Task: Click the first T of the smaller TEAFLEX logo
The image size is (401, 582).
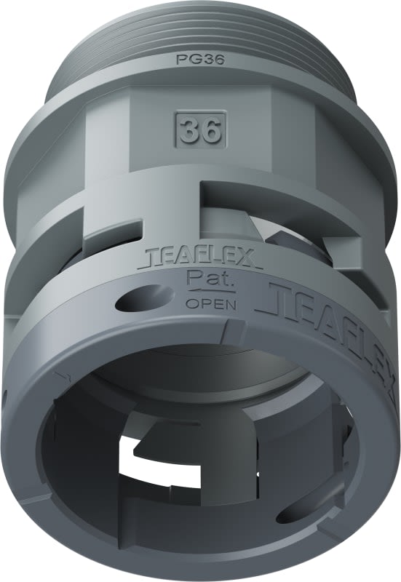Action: point(152,257)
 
